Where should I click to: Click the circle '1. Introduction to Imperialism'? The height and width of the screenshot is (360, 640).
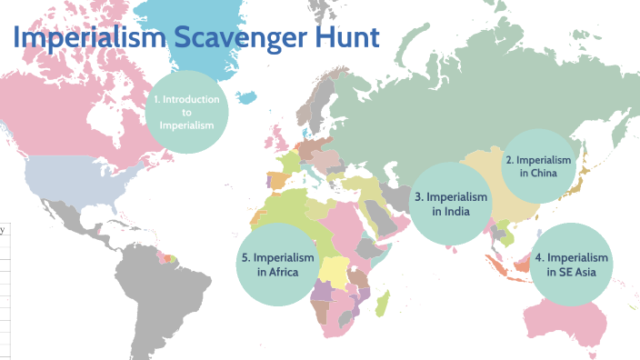coord(186,113)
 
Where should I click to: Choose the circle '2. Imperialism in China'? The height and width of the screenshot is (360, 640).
coord(538,166)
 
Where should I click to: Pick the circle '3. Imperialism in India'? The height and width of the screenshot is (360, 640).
coord(450,204)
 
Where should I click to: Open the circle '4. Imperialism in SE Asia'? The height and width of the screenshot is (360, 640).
coord(572,264)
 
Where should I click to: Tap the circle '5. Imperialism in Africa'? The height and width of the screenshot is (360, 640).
coord(277,264)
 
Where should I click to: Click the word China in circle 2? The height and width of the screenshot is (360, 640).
coord(539,174)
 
